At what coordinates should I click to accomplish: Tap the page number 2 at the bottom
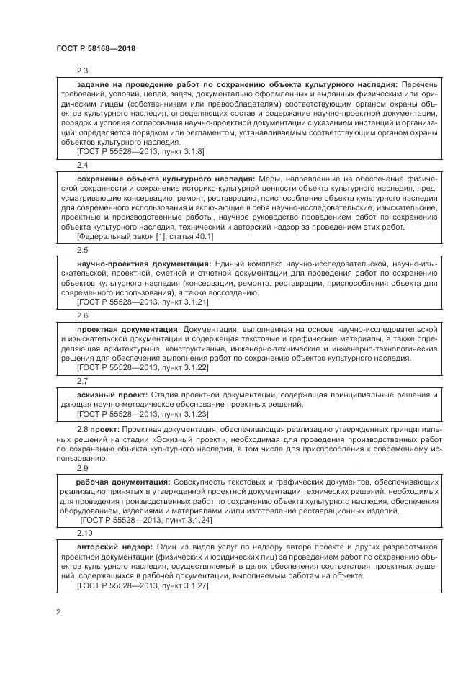[x=58, y=612]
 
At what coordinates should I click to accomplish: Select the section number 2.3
[x=82, y=71]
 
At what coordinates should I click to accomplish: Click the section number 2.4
[x=82, y=165]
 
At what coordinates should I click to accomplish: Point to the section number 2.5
[x=82, y=250]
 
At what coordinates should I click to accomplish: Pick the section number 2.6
[x=82, y=315]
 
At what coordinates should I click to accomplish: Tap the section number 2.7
[x=82, y=381]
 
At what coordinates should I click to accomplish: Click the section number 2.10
[x=84, y=534]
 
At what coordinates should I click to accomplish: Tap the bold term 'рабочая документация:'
[x=123, y=481]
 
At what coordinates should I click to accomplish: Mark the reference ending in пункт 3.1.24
[x=146, y=520]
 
